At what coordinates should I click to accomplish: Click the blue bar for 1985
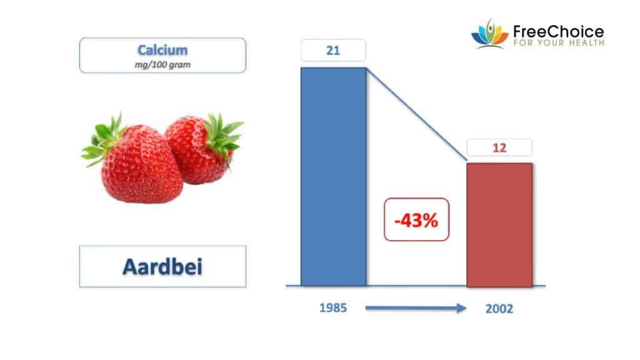click(x=334, y=177)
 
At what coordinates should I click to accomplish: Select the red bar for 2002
click(x=499, y=225)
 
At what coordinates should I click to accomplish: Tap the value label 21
click(x=333, y=51)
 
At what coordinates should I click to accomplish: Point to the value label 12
click(x=499, y=147)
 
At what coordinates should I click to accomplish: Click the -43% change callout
click(x=416, y=219)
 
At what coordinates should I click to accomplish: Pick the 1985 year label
click(x=333, y=307)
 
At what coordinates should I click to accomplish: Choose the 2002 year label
click(x=499, y=309)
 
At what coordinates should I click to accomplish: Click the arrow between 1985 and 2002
click(x=416, y=308)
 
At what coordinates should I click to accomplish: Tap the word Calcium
click(x=162, y=50)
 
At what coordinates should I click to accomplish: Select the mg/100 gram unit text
click(x=162, y=64)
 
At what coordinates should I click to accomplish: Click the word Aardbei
click(x=162, y=267)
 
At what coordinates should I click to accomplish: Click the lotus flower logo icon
click(x=490, y=34)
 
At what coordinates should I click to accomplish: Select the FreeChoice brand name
click(x=558, y=31)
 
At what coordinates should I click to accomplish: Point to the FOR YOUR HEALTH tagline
click(x=559, y=43)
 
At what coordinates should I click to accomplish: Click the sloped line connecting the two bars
click(x=416, y=114)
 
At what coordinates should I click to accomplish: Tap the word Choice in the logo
click(x=576, y=31)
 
